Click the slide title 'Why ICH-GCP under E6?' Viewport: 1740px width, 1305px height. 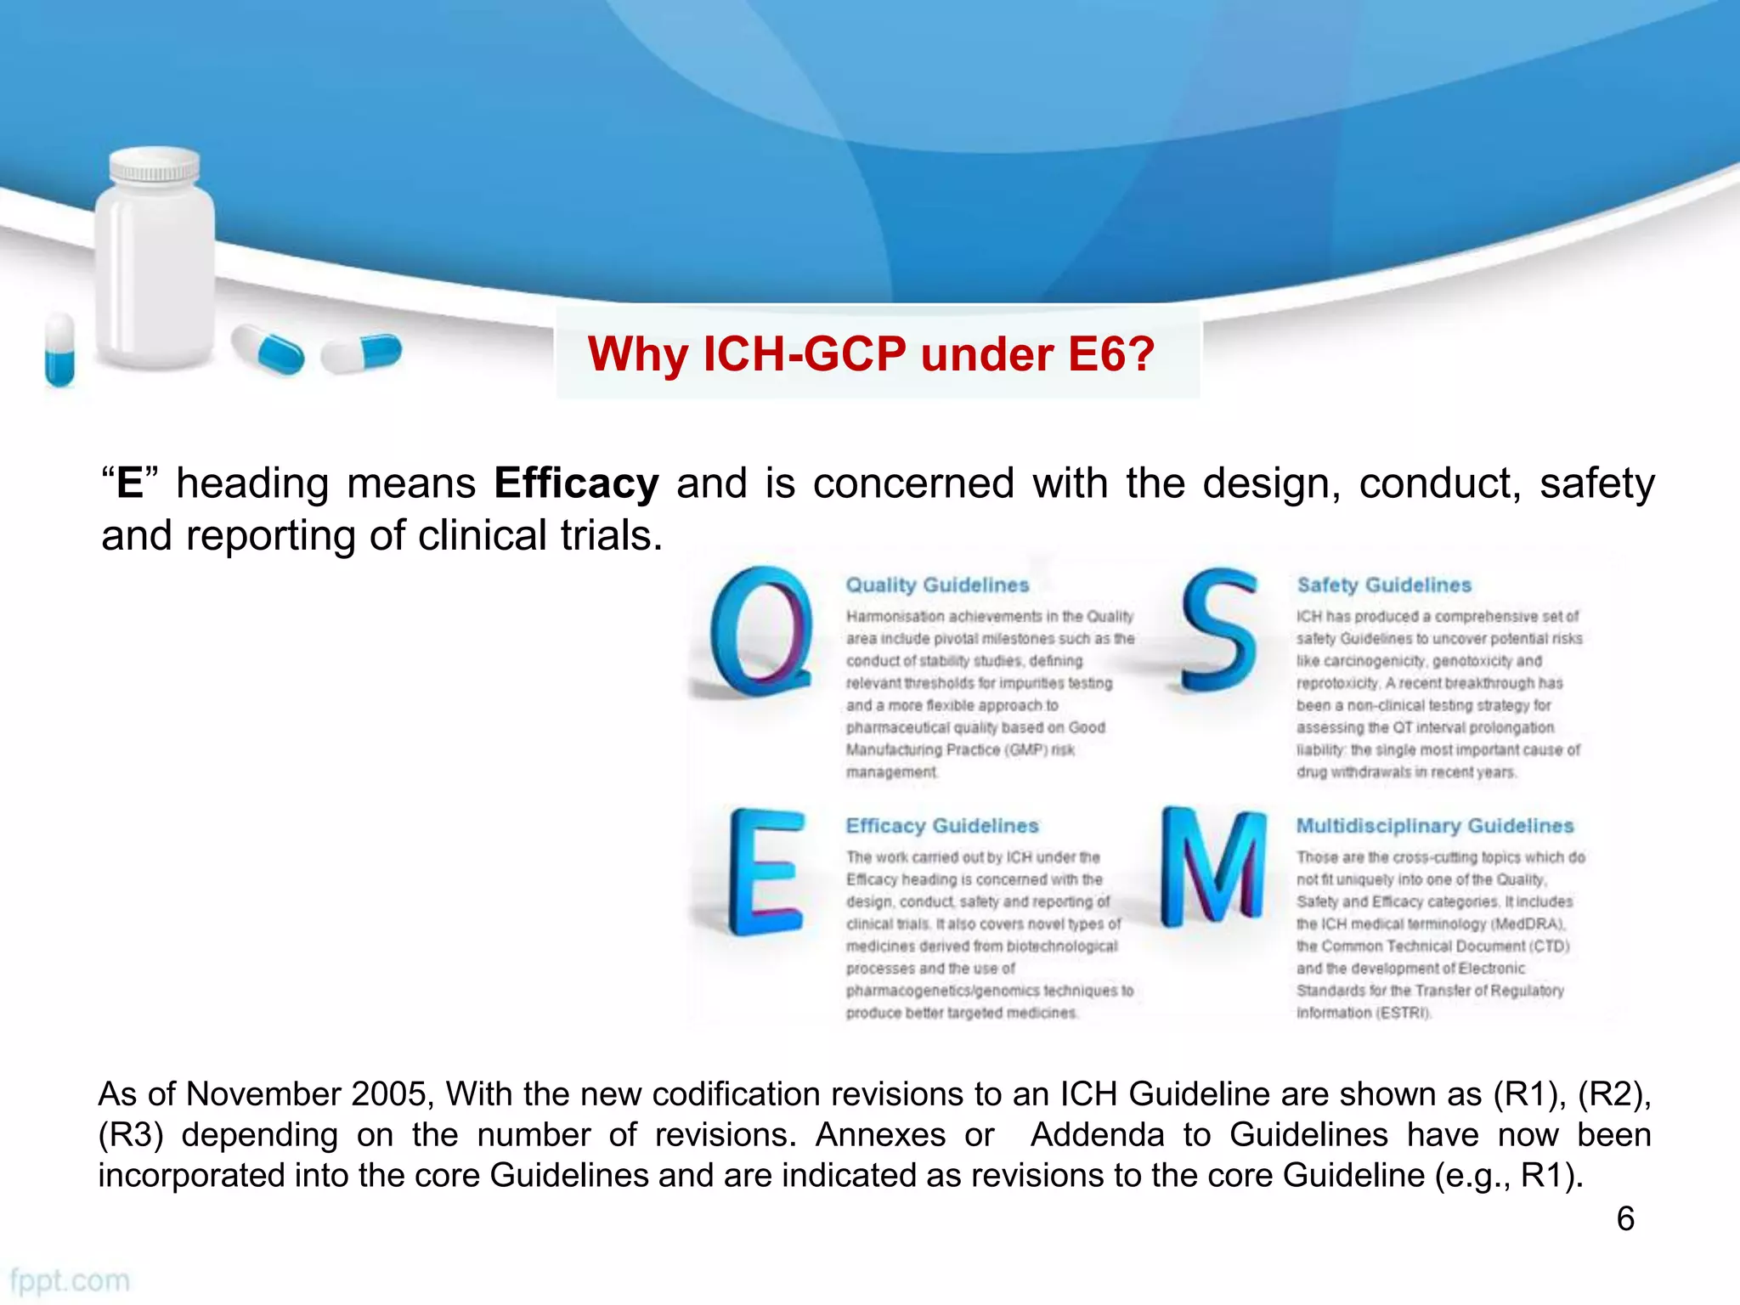871,354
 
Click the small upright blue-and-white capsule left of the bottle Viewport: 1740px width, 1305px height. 59,349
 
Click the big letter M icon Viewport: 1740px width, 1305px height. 1212,867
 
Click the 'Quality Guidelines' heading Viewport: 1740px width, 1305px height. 937,585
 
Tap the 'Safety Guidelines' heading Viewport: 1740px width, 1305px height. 1384,585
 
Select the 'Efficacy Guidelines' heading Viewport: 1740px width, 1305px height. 942,826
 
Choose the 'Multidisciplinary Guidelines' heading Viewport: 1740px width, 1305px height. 1435,826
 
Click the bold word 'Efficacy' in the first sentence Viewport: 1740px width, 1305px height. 576,483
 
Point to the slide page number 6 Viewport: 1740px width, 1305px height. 1625,1219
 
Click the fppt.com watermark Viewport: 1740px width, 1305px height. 70,1280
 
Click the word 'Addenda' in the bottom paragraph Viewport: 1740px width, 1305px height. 1097,1135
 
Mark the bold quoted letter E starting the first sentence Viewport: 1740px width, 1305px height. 130,483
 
